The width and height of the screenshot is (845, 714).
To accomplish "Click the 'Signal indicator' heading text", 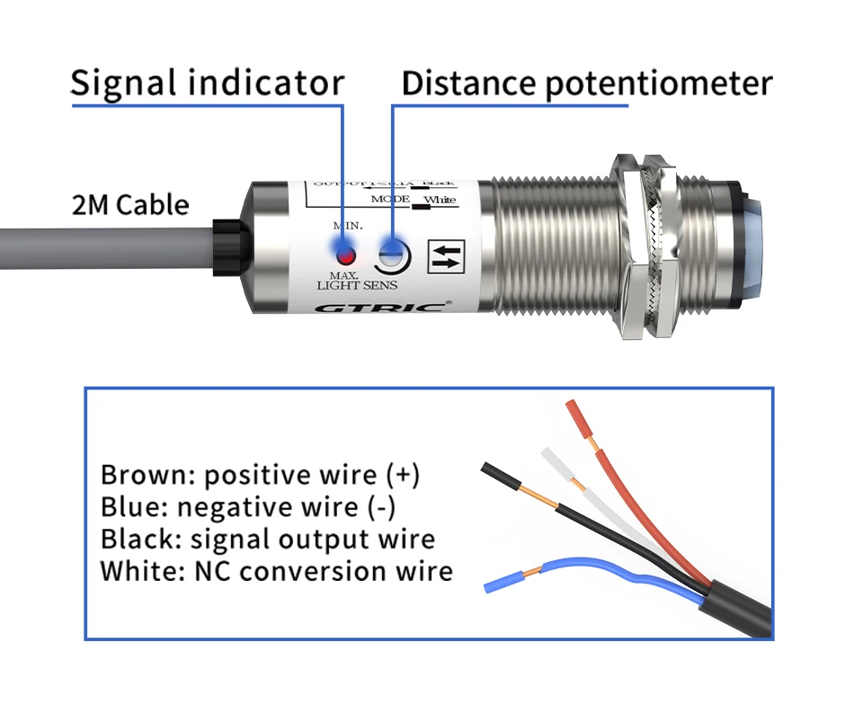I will pyautogui.click(x=207, y=84).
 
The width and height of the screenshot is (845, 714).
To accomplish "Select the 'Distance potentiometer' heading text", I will pyautogui.click(x=586, y=84).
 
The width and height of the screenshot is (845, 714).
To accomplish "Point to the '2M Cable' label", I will pyautogui.click(x=130, y=205).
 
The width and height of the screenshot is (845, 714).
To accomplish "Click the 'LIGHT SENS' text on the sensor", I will pyautogui.click(x=357, y=286).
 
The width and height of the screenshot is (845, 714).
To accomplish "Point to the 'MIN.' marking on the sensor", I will pyautogui.click(x=348, y=225).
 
